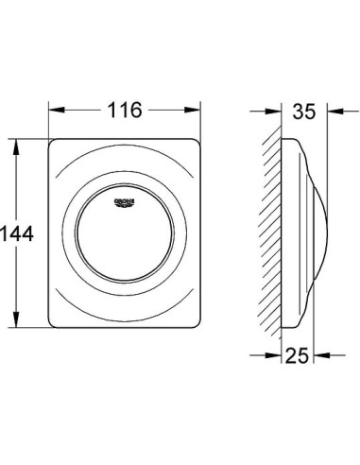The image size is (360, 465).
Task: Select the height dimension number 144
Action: tap(17, 233)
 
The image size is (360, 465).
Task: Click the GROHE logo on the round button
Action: tap(125, 203)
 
